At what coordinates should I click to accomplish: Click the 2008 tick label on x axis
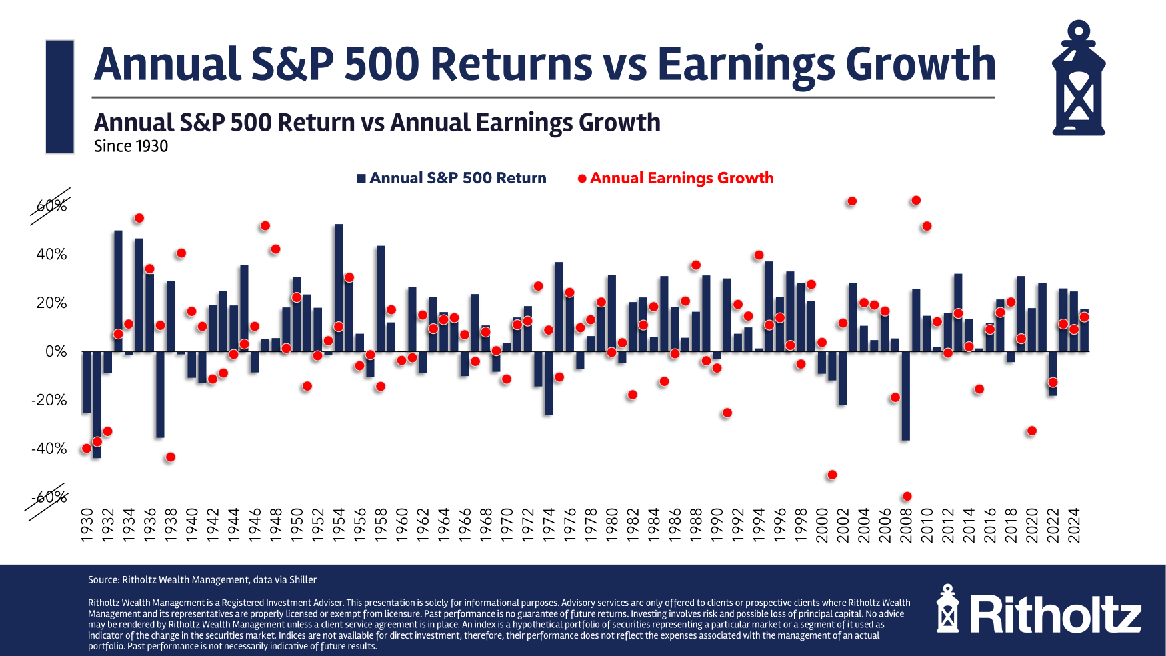(906, 526)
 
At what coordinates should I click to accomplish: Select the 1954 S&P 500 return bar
(339, 287)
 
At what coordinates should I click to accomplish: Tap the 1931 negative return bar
(97, 404)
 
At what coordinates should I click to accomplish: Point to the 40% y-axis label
(51, 254)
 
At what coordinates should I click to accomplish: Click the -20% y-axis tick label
(49, 400)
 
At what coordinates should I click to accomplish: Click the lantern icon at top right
(1078, 79)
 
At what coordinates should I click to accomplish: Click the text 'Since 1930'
(131, 146)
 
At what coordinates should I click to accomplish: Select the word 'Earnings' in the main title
(746, 65)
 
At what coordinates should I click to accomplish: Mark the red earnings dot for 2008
(907, 496)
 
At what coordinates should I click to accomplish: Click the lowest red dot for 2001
(832, 475)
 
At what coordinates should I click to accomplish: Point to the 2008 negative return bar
(905, 395)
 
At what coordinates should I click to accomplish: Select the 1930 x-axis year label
(87, 526)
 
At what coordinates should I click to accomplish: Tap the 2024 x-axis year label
(1073, 526)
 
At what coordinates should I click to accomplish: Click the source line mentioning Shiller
(202, 580)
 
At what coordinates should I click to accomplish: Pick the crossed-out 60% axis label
(51, 206)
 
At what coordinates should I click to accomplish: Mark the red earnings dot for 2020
(1031, 431)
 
